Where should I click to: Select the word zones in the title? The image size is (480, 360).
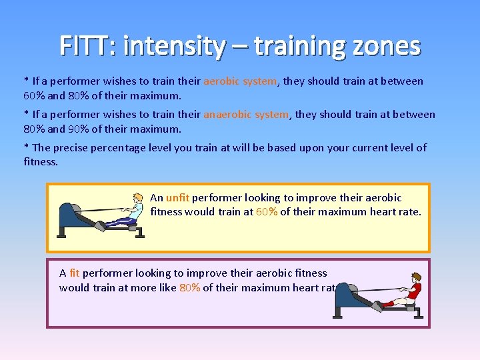389,46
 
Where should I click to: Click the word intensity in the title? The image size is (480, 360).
174,46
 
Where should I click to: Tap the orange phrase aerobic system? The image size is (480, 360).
239,81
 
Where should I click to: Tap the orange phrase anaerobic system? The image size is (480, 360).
246,115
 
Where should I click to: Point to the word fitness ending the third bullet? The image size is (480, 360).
41,162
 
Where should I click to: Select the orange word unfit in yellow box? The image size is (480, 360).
177,198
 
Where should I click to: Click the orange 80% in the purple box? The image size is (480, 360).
189,288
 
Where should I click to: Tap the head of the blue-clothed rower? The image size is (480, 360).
138,198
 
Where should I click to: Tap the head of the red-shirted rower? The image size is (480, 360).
416,277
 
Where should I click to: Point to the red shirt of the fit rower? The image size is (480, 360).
413,291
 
